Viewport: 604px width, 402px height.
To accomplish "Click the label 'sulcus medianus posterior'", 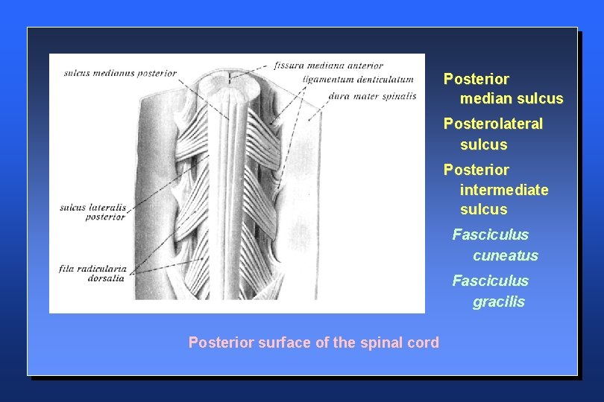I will point(120,73).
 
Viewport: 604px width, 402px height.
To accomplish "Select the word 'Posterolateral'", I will point(493,124).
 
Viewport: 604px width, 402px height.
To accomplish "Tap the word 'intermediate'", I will point(504,190).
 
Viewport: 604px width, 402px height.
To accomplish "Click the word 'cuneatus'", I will point(505,255).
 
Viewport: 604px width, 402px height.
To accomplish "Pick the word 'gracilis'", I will point(498,301).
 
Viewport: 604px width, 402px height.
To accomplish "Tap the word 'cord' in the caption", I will point(424,342).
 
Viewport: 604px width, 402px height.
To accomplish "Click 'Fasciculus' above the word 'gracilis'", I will point(490,281).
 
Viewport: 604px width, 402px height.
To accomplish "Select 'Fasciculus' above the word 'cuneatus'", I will point(490,234).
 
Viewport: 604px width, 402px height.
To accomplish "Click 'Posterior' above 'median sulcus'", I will point(476,79).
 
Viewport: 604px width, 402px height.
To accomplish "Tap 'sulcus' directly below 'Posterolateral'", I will point(483,144).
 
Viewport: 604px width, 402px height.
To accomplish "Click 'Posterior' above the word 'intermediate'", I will point(476,170).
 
